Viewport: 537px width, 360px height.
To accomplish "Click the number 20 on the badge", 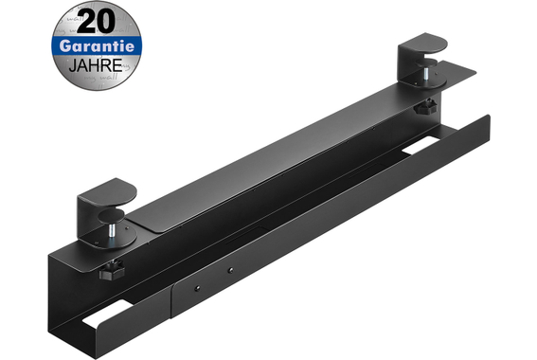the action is coord(97,22).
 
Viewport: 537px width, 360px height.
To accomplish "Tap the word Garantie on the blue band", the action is coord(97,46).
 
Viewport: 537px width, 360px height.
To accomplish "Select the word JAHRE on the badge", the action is coord(96,65).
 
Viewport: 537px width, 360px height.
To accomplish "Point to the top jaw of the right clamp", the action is coord(424,45).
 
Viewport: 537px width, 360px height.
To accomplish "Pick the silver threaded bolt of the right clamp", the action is coord(425,73).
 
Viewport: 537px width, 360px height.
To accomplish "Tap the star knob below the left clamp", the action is coord(112,270).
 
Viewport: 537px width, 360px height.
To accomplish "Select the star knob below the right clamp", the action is coord(425,106).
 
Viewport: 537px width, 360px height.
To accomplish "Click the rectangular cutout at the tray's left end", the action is coord(104,313).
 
